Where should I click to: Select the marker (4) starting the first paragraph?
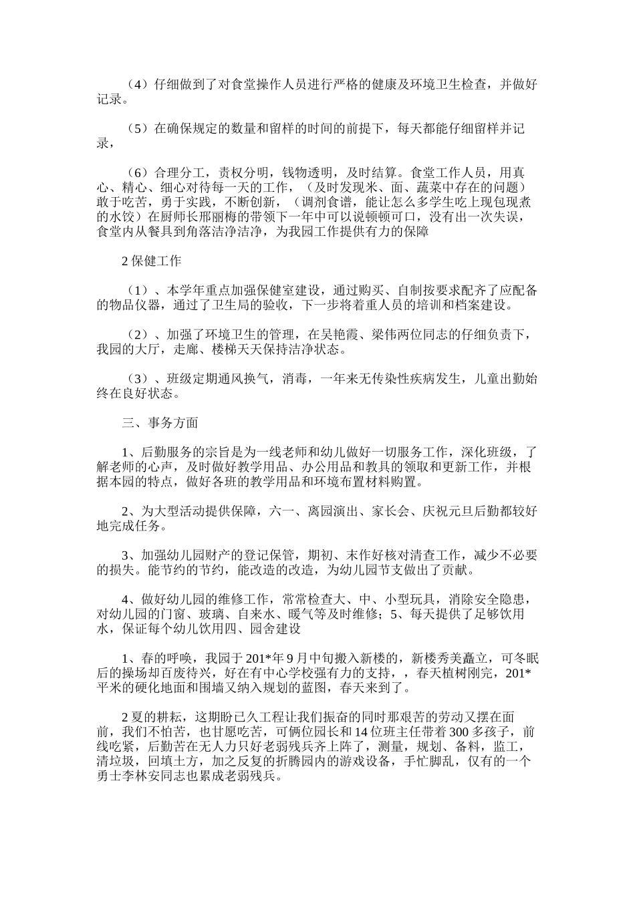(x=136, y=85)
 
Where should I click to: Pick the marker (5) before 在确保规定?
(x=136, y=128)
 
